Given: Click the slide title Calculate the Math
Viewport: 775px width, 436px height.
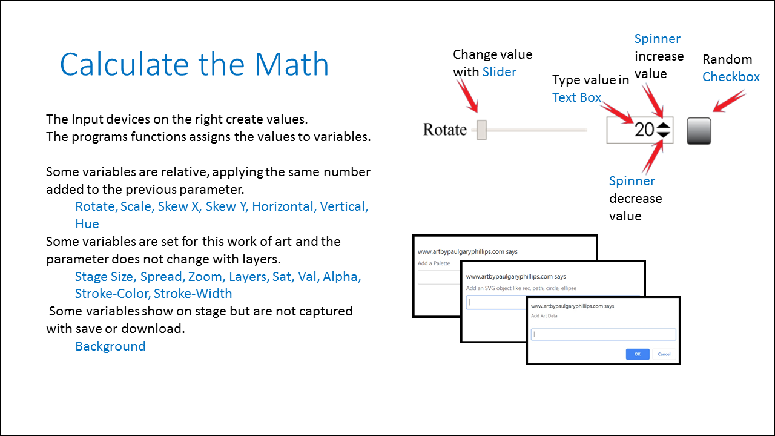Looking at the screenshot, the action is (194, 64).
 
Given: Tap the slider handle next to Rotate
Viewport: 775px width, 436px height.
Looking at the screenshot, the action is (481, 130).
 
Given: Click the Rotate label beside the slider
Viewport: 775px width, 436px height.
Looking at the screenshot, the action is (445, 130).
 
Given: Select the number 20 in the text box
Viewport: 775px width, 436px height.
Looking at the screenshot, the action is (644, 130).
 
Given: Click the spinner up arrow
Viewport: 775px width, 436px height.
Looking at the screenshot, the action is (663, 125).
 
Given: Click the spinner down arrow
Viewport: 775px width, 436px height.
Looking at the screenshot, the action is (663, 134).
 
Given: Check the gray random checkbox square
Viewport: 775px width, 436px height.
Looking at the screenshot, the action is (699, 131).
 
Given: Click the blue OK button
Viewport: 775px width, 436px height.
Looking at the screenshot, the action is (638, 354).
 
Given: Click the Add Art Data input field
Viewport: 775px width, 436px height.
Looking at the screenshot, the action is (604, 334).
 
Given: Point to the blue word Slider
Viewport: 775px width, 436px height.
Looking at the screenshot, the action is (500, 72).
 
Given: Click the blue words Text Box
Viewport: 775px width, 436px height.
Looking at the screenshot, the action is (576, 97).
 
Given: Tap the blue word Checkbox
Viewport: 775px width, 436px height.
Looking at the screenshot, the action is (731, 77).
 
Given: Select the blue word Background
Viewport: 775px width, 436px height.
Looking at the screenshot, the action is (110, 346).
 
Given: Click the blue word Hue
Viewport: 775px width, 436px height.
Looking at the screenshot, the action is (87, 224).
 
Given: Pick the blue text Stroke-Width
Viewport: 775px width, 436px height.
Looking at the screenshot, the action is (193, 294).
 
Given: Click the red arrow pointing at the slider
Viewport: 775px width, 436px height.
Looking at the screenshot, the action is (468, 95).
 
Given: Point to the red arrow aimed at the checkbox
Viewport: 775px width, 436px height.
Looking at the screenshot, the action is (730, 101).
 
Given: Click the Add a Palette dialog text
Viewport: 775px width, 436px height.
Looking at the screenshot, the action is (434, 263).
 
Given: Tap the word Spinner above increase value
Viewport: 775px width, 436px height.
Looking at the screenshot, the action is (658, 39).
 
